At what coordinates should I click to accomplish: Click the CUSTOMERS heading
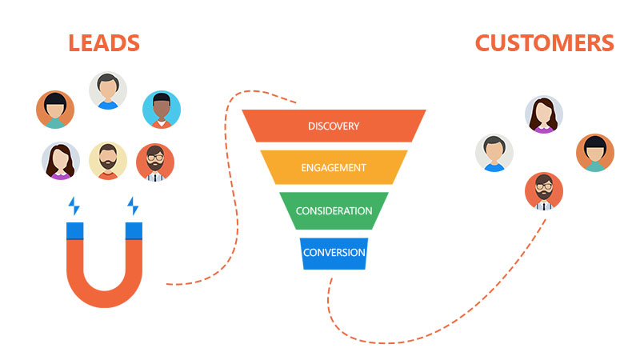pos(545,42)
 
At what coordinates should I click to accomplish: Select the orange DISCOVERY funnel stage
pos(334,126)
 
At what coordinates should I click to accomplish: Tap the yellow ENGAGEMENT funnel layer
pos(334,168)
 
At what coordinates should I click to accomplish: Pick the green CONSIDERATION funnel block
pos(334,210)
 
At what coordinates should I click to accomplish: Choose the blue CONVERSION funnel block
pos(334,253)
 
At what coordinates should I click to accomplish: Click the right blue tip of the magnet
pos(134,231)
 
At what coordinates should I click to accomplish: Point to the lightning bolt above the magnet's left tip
pos(74,206)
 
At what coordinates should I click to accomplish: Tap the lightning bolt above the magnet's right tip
pos(133,206)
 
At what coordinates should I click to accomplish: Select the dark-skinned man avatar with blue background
pos(162,110)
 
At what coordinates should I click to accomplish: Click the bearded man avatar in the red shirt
pos(108,161)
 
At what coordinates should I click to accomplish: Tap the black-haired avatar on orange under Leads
pos(55,110)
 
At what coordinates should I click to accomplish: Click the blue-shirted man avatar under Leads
pos(108,90)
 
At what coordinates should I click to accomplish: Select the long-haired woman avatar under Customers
pos(544,114)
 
